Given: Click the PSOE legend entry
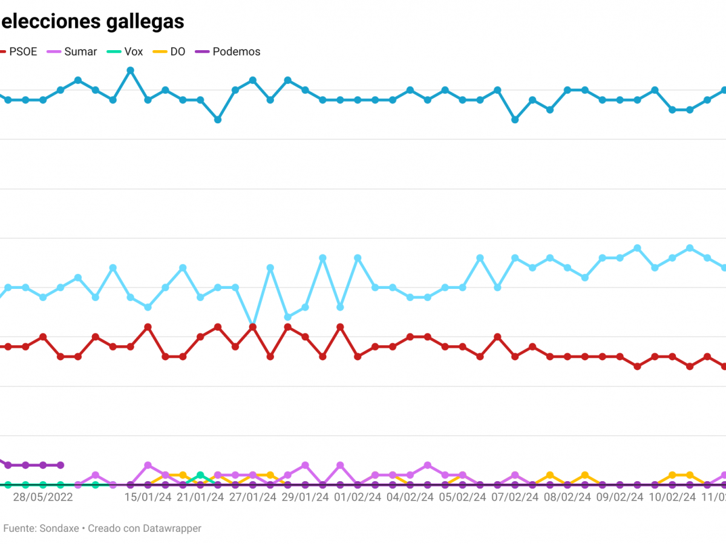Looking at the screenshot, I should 23,52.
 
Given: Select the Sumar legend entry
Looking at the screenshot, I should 80,52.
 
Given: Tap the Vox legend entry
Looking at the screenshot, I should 133,52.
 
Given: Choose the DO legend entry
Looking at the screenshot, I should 177,52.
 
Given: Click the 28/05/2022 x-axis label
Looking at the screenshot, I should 43,497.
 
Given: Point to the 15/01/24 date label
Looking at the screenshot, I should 148,497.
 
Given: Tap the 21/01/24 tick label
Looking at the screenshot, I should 200,497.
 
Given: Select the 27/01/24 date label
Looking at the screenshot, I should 253,497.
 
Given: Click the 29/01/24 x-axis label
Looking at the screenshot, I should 306,497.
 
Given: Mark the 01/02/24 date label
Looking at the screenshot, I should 358,497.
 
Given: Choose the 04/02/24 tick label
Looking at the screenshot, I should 410,497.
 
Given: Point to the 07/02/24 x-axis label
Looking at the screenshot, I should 515,497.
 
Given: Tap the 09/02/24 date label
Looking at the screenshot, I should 620,497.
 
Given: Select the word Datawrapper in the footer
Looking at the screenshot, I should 172,528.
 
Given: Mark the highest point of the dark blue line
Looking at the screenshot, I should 130,70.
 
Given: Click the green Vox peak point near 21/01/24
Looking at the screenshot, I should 200,475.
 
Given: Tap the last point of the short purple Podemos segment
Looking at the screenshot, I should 60,465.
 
